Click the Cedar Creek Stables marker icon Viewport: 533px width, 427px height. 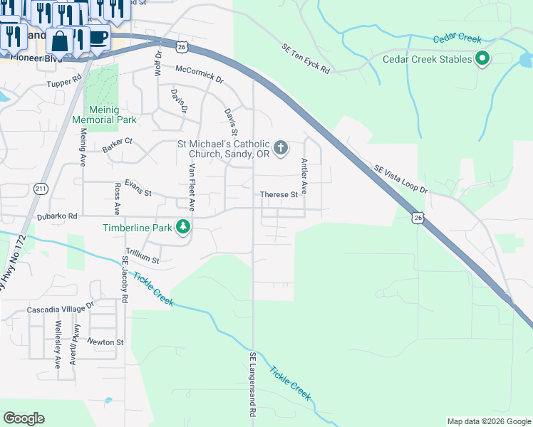point(482,59)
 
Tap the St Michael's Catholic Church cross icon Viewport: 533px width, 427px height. point(281,148)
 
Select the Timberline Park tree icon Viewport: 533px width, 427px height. point(184,227)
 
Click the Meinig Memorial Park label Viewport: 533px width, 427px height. point(104,115)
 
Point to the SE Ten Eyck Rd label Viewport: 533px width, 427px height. point(306,59)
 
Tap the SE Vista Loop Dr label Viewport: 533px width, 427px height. point(400,179)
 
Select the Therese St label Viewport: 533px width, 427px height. point(279,194)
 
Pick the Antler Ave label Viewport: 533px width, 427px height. point(304,176)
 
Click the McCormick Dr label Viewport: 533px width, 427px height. point(199,72)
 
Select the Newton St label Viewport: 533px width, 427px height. point(105,342)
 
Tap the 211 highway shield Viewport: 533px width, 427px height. point(41,187)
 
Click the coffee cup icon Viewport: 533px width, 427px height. point(98,37)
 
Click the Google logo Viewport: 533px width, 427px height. point(24,418)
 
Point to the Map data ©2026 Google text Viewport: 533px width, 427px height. point(488,421)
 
